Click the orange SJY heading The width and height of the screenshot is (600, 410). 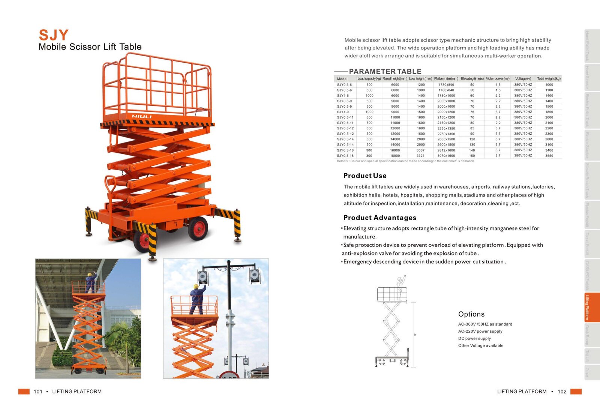click(54, 35)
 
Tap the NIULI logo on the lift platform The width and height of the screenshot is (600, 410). click(141, 116)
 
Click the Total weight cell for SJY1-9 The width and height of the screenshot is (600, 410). click(549, 112)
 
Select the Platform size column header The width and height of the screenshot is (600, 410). click(446, 79)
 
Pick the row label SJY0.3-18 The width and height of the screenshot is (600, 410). click(345, 156)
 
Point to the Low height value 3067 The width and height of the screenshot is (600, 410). click(420, 150)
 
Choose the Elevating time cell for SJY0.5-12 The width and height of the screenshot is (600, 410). click(472, 134)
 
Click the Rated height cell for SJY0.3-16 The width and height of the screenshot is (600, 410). click(395, 150)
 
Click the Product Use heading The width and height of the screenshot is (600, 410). click(364, 176)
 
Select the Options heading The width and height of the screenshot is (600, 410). click(471, 314)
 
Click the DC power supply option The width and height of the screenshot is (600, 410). click(474, 338)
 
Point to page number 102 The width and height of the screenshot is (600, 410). click(562, 392)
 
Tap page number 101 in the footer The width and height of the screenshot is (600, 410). click(38, 392)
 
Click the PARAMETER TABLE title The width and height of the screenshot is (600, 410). click(385, 71)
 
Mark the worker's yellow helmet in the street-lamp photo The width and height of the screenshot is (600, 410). click(196, 287)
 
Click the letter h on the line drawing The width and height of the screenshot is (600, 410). click(415, 335)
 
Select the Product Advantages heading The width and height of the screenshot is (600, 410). click(379, 218)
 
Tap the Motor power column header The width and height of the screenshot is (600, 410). click(497, 79)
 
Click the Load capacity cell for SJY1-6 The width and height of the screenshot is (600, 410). click(369, 96)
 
